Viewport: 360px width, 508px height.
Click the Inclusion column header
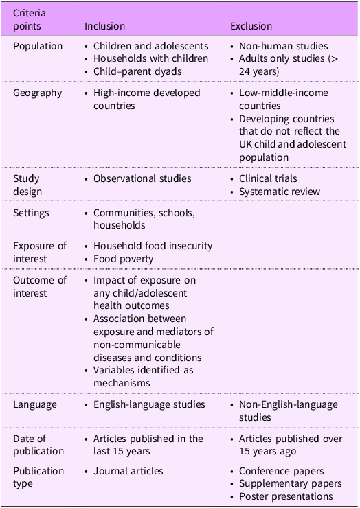104,26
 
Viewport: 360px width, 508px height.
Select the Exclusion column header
251,26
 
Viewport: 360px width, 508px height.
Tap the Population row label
38,47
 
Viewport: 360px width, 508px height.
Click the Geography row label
38,93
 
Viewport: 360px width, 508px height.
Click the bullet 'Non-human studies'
283,47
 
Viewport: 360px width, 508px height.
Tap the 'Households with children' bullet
150,58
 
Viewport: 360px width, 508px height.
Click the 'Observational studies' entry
142,178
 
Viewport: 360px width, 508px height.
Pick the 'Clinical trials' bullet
268,178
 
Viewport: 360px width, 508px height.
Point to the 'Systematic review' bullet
280,191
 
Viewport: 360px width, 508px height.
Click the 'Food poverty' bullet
123,258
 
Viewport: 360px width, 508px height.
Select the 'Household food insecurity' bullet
153,246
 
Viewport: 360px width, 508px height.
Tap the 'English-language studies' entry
149,404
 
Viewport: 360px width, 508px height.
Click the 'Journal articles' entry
128,471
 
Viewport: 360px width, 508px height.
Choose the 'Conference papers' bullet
282,471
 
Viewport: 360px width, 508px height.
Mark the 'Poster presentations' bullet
286,496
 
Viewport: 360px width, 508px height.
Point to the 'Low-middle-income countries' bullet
283,99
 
